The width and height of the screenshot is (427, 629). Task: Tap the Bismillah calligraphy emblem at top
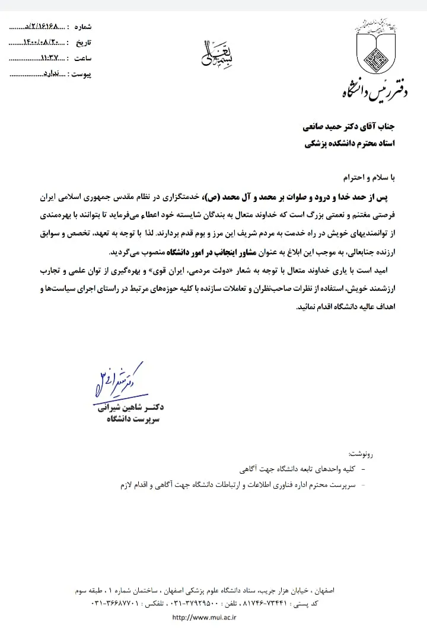coord(212,51)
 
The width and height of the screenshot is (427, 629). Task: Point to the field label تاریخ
coord(82,43)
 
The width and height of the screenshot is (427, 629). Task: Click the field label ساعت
coord(82,59)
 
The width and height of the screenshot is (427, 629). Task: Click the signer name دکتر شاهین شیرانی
coord(132,407)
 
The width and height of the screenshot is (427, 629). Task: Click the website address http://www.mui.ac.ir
coord(204,617)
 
